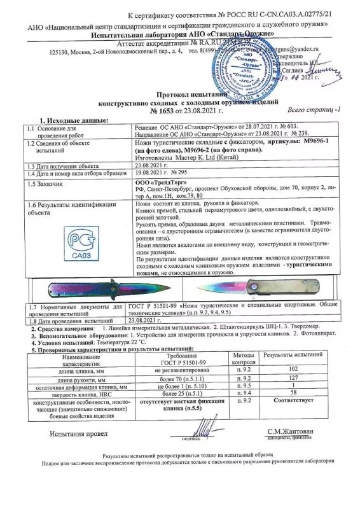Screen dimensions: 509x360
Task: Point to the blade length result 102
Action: coord(293,368)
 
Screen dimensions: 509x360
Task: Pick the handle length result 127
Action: coord(293,377)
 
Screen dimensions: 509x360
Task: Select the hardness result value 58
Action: coord(293,394)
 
